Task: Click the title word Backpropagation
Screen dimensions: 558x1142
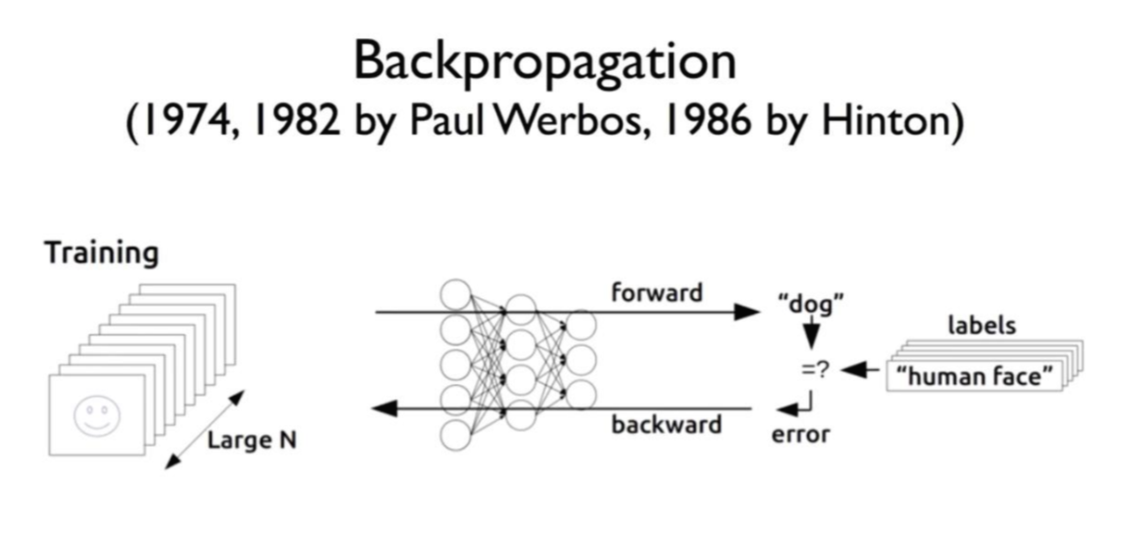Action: [x=545, y=63]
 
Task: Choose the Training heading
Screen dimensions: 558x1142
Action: [x=103, y=253]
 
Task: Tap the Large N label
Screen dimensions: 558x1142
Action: [x=252, y=440]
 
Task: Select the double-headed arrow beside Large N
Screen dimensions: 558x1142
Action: [x=205, y=429]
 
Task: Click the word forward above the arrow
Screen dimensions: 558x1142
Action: [x=656, y=292]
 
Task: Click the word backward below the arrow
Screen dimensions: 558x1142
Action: [x=666, y=426]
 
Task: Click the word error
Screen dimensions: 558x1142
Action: [x=801, y=434]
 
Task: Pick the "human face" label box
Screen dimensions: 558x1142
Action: [x=980, y=377]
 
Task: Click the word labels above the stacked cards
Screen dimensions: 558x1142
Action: [x=982, y=326]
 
